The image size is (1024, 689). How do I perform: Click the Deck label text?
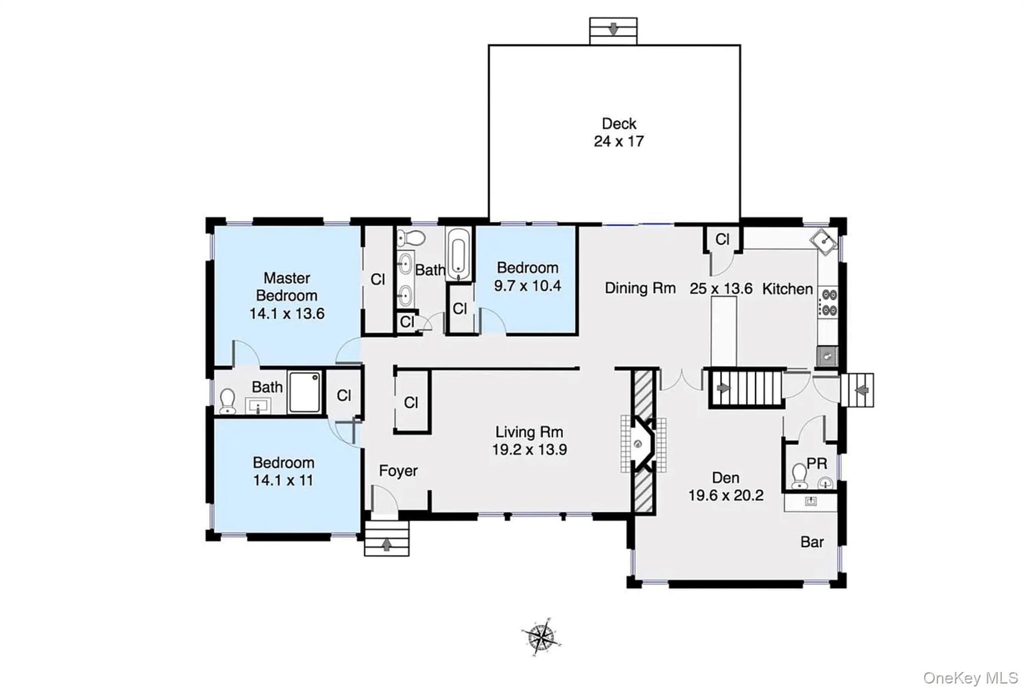pyautogui.click(x=619, y=124)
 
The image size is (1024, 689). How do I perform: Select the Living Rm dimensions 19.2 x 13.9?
pyautogui.click(x=529, y=450)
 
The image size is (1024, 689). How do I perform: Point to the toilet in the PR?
pyautogui.click(x=799, y=476)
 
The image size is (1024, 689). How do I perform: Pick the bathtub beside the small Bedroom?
pyautogui.click(x=458, y=254)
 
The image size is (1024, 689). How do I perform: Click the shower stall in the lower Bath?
pyautogui.click(x=305, y=392)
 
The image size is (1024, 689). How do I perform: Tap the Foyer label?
pyautogui.click(x=398, y=471)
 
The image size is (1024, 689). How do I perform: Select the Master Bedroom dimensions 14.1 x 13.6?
pyautogui.click(x=287, y=313)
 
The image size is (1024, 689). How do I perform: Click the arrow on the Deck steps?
pyautogui.click(x=613, y=28)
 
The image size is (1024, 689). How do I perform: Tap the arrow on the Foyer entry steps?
pyautogui.click(x=387, y=545)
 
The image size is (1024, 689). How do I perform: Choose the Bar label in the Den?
pyautogui.click(x=812, y=542)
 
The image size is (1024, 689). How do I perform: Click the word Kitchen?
pyautogui.click(x=788, y=289)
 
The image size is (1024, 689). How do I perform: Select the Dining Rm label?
pyautogui.click(x=640, y=288)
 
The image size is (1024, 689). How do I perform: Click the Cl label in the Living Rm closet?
pyautogui.click(x=411, y=402)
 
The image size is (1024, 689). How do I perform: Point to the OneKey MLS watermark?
pyautogui.click(x=971, y=678)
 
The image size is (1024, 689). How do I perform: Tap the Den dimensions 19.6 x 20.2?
pyautogui.click(x=726, y=496)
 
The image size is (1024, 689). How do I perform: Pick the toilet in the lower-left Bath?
pyautogui.click(x=228, y=401)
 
